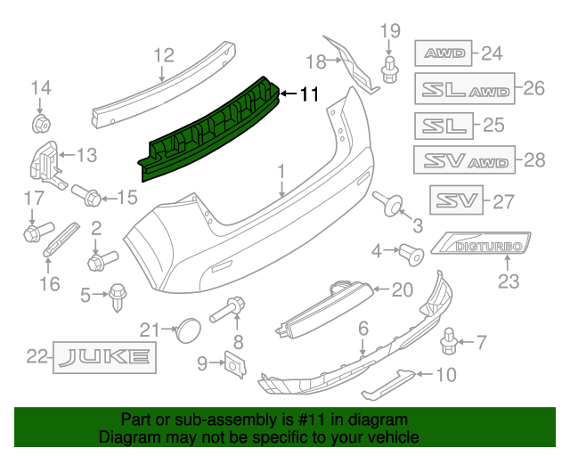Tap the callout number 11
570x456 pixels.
pyautogui.click(x=308, y=93)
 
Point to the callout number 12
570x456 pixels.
pyautogui.click(x=162, y=55)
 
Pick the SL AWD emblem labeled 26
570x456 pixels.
pyautogui.click(x=464, y=89)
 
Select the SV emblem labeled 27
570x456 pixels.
pyautogui.click(x=456, y=199)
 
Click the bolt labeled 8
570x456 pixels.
pyautogui.click(x=230, y=310)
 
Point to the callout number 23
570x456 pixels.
pyautogui.click(x=507, y=283)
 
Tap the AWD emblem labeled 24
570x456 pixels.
pyautogui.click(x=444, y=53)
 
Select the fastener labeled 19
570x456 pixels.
pyautogui.click(x=389, y=68)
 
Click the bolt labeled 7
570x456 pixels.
pyautogui.click(x=451, y=339)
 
